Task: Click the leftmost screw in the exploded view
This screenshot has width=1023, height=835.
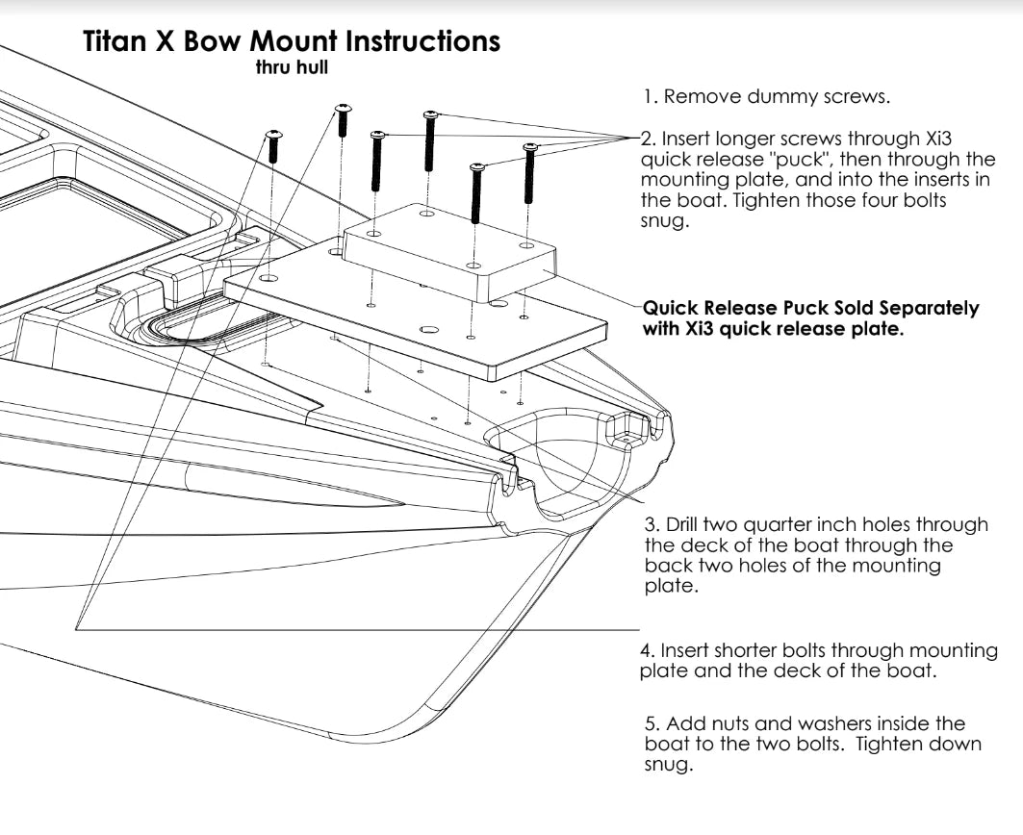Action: click(x=273, y=145)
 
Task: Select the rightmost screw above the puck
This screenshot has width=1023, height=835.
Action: click(x=528, y=173)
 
